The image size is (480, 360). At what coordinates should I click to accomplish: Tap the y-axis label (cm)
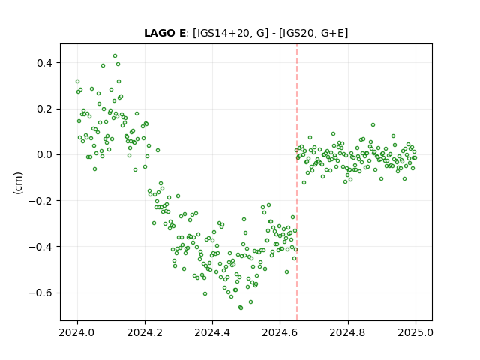[x=18, y=183]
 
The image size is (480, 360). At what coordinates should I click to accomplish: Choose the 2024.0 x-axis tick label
[x=77, y=332]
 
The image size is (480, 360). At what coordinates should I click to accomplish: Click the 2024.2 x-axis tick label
[x=145, y=332]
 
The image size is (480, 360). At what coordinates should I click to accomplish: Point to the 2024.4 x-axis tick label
[x=212, y=332]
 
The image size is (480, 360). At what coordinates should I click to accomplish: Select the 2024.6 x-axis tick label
[x=280, y=332]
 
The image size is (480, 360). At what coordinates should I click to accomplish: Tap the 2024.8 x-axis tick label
[x=348, y=332]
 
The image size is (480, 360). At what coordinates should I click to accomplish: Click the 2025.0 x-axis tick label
[x=415, y=332]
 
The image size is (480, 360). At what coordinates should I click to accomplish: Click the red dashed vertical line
[x=297, y=182]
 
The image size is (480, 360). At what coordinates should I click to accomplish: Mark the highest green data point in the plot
[x=115, y=56]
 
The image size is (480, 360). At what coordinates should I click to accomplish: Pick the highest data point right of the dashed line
[x=373, y=125]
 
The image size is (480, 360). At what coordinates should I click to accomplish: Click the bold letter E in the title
[x=182, y=33]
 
